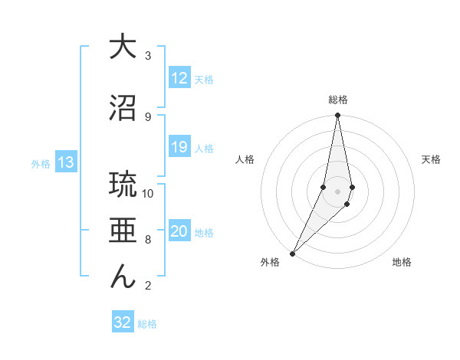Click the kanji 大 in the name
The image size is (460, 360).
(x=122, y=47)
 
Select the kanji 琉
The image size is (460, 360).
(x=122, y=185)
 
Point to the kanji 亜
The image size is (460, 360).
(x=122, y=231)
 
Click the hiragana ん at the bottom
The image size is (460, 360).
(x=122, y=277)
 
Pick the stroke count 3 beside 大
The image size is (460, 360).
(x=148, y=56)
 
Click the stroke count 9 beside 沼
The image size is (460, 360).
(x=148, y=116)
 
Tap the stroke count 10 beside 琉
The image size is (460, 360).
(x=148, y=194)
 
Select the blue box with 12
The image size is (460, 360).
(x=179, y=78)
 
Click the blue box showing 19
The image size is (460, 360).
(x=179, y=147)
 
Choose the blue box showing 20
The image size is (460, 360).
(x=179, y=232)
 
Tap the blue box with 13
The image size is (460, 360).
(x=66, y=162)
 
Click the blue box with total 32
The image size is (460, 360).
(x=123, y=322)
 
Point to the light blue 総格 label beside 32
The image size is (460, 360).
(x=148, y=324)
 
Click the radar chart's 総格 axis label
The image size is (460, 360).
(x=338, y=100)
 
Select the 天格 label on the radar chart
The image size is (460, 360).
(x=432, y=159)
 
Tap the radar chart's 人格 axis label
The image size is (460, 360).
(x=245, y=159)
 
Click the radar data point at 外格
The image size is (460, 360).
(x=293, y=253)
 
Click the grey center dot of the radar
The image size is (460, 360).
(x=338, y=191)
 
